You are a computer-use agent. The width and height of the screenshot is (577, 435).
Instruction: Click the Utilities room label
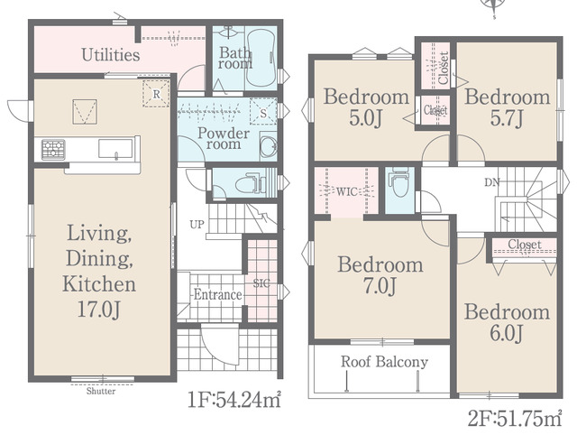click(110, 55)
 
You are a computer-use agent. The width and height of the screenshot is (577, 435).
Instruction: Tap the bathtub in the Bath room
click(261, 58)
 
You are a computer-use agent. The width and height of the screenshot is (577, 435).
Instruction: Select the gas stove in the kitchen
click(53, 150)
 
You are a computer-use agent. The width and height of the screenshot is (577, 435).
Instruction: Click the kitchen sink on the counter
click(115, 149)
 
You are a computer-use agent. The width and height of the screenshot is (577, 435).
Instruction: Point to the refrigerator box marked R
click(156, 94)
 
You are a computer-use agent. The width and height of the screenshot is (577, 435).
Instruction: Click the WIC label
click(346, 191)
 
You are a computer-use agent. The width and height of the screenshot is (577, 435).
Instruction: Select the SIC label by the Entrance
click(261, 282)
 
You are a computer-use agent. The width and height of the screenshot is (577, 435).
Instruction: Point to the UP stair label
click(197, 225)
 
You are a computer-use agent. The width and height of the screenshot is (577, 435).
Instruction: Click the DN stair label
click(492, 182)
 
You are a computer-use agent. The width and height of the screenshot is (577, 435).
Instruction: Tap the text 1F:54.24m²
click(234, 400)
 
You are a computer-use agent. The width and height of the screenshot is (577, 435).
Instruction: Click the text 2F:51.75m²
click(515, 418)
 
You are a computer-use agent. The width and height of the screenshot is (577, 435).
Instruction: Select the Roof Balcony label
click(384, 362)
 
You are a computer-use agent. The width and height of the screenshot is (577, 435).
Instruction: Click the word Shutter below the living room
click(101, 391)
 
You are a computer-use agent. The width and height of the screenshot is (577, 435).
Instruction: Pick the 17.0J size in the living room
click(98, 309)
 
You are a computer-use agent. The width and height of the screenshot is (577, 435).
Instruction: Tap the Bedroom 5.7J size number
click(507, 118)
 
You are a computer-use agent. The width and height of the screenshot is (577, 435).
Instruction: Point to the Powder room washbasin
click(269, 147)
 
